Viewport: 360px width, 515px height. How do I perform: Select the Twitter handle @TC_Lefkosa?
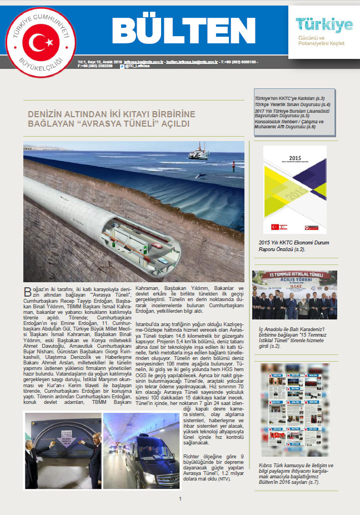[137, 66]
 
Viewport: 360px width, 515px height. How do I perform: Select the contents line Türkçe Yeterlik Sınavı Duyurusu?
[292, 104]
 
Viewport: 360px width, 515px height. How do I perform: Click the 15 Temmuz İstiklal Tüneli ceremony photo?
[294, 295]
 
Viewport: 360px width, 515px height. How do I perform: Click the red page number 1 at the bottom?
[179, 498]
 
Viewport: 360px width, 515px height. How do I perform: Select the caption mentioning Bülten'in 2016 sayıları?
[295, 473]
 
